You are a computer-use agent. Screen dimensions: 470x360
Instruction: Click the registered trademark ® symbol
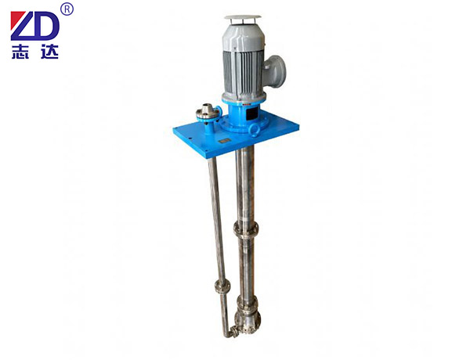click(x=67, y=9)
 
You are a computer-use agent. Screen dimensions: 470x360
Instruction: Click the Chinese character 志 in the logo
click(x=20, y=52)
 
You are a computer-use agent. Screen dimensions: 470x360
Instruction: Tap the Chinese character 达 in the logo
click(x=49, y=52)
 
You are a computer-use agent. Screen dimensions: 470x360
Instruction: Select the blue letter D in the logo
click(x=45, y=26)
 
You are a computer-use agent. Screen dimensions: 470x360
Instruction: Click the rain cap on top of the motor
click(x=243, y=17)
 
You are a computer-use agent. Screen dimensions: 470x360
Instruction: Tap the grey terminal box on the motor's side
click(x=275, y=71)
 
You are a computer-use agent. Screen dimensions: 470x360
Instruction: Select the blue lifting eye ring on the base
click(x=254, y=131)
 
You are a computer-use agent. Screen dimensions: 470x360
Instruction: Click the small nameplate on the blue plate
click(x=224, y=140)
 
